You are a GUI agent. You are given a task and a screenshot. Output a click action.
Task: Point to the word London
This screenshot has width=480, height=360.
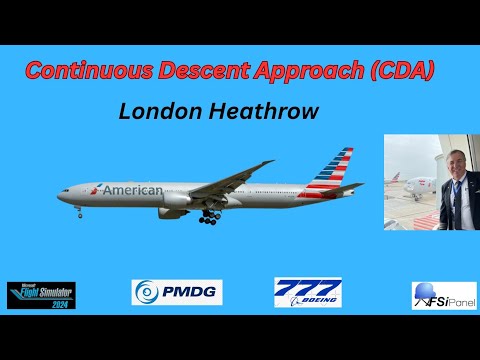154,111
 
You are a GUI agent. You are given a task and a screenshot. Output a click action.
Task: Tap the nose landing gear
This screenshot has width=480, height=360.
78,210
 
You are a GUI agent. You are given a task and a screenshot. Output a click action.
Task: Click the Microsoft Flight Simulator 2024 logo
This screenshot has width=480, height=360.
41,295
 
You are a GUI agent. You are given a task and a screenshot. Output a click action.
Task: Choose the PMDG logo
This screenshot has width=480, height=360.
177,293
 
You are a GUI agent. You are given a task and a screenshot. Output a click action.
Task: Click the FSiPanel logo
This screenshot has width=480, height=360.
444,296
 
